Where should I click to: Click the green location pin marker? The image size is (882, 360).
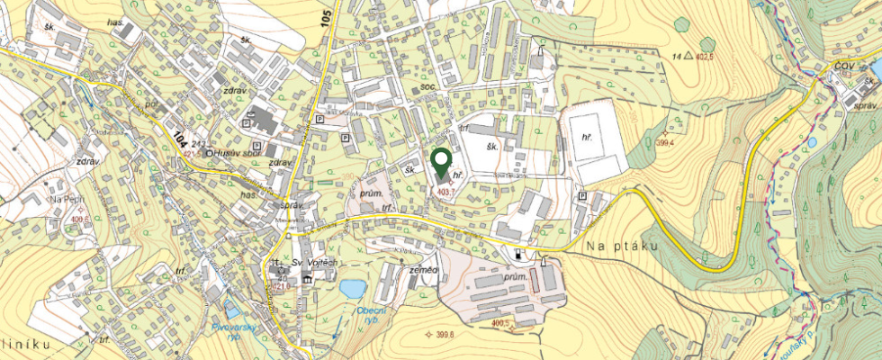point(441,163)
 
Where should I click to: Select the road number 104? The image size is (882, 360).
point(180,139)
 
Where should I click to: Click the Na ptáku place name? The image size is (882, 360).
point(621,246)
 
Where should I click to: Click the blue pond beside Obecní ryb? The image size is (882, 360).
point(353,288)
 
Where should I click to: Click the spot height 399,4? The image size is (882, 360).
point(667,143)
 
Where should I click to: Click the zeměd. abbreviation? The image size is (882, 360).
point(423,269)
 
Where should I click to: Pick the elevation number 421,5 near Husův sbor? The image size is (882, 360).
point(191,154)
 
